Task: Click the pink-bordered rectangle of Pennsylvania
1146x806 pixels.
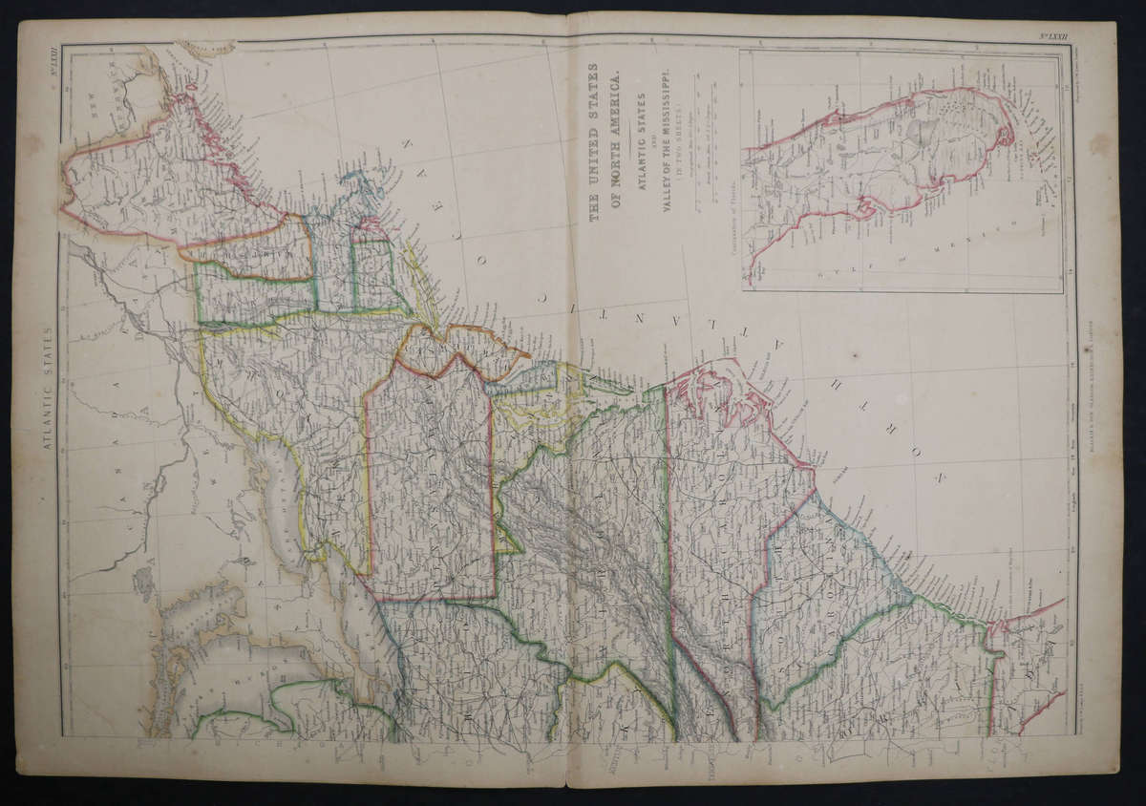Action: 430,487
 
